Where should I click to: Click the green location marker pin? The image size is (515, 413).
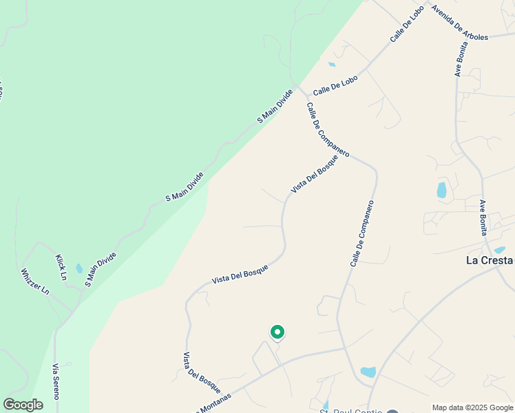(x=277, y=332)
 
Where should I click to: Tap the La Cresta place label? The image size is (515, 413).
(x=490, y=260)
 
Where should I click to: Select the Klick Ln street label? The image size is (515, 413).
(x=61, y=267)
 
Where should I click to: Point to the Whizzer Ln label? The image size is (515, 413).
(x=35, y=281)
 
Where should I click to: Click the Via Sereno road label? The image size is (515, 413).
(x=56, y=382)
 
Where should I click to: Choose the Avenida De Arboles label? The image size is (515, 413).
(x=459, y=23)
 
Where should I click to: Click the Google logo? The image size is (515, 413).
(x=23, y=405)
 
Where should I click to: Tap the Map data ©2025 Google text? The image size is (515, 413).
(x=472, y=407)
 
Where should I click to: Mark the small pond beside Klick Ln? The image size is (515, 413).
(x=79, y=268)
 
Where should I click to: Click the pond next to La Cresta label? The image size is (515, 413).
(x=500, y=250)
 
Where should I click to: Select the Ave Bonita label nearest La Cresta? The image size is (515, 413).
(x=483, y=217)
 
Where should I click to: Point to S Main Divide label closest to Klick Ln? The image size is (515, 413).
(x=101, y=269)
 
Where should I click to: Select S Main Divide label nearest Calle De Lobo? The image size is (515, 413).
(x=275, y=106)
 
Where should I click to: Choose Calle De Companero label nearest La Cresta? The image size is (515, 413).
(x=361, y=233)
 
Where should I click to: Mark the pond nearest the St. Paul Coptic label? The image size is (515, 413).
(x=368, y=372)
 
